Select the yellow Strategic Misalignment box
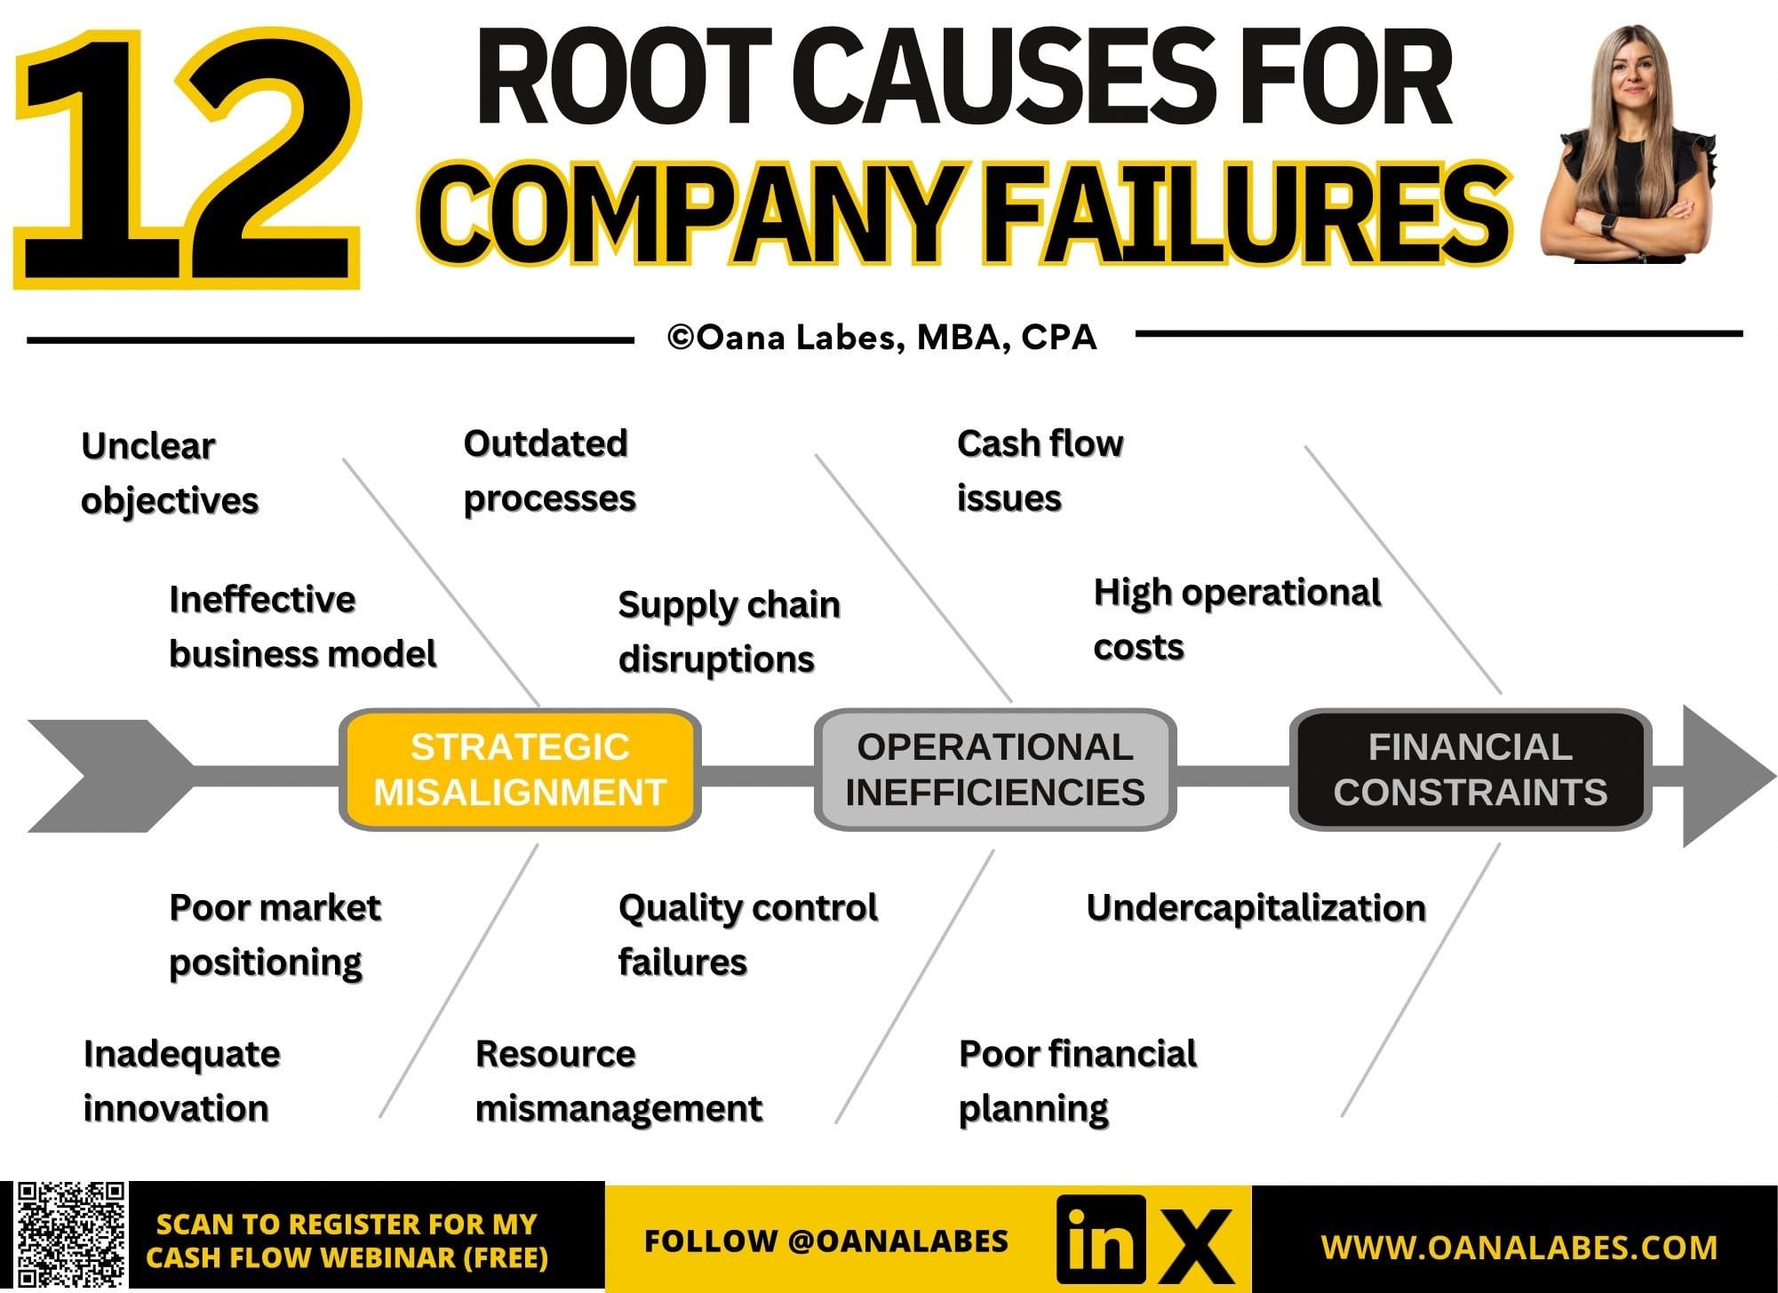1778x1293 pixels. tap(520, 770)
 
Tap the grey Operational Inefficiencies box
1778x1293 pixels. tap(995, 770)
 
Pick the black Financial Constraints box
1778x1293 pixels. tap(1471, 770)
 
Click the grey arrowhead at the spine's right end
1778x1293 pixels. tap(1724, 776)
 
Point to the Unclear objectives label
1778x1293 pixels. tap(170, 473)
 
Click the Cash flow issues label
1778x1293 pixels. tap(1040, 471)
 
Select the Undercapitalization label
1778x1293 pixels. tap(1256, 908)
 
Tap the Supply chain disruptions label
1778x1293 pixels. tap(729, 632)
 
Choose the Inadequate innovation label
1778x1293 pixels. tap(181, 1081)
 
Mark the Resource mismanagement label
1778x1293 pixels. tap(618, 1081)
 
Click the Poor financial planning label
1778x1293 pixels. tap(1078, 1081)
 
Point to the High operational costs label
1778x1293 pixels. tap(1237, 619)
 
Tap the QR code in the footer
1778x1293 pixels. tap(71, 1236)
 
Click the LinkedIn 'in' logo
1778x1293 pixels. tap(1101, 1240)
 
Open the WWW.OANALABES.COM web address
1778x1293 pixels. tap(1519, 1247)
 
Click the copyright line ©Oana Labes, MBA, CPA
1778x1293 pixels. tap(882, 338)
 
